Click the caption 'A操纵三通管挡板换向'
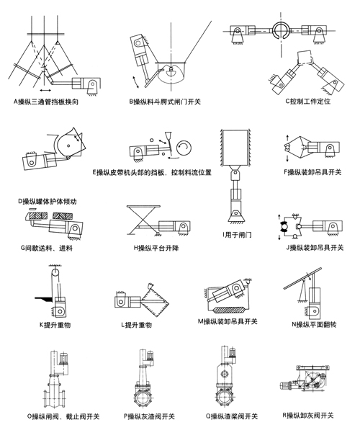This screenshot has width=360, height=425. click(x=46, y=102)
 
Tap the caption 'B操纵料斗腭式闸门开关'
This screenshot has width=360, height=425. click(x=165, y=102)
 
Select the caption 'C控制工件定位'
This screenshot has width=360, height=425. click(x=307, y=102)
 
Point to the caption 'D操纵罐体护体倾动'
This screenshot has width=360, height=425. click(x=48, y=202)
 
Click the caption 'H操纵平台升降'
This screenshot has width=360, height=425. click(x=156, y=248)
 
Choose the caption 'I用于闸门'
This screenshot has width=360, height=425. click(x=238, y=235)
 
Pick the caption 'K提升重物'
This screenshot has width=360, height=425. click(x=55, y=325)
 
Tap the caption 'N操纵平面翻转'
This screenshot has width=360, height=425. click(x=314, y=324)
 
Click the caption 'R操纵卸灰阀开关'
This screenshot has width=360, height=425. click(x=308, y=415)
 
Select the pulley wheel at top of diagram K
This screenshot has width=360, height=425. click(x=54, y=272)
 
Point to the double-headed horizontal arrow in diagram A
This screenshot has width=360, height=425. click(x=45, y=90)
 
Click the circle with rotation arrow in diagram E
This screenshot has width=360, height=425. click(x=184, y=148)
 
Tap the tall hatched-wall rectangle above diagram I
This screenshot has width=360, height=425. click(x=235, y=148)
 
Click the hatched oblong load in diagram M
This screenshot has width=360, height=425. click(x=230, y=310)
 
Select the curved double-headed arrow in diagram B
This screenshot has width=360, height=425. click(x=135, y=82)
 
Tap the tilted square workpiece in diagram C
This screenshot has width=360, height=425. click(x=305, y=58)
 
